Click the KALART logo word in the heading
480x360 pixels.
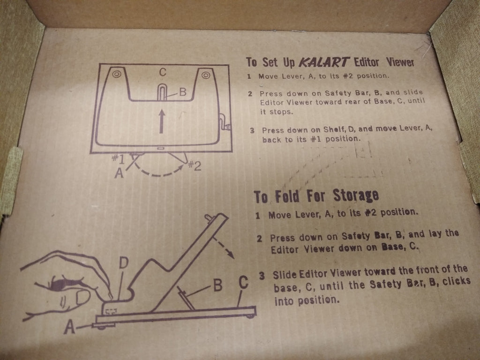323,62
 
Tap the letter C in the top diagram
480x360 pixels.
163,72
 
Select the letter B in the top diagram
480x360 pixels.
182,92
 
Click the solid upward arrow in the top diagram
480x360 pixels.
162,121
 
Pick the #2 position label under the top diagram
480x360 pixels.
195,165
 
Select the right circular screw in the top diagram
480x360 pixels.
205,75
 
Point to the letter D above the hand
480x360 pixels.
123,262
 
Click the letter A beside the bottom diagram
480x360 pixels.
69,327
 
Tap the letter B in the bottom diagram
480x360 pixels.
217,285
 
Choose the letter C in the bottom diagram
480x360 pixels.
243,283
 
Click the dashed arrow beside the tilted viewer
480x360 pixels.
223,247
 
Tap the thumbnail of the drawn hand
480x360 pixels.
82,297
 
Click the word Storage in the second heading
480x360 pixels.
356,195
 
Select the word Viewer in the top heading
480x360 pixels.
400,62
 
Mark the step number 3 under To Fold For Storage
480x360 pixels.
262,275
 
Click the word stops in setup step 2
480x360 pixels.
281,112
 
